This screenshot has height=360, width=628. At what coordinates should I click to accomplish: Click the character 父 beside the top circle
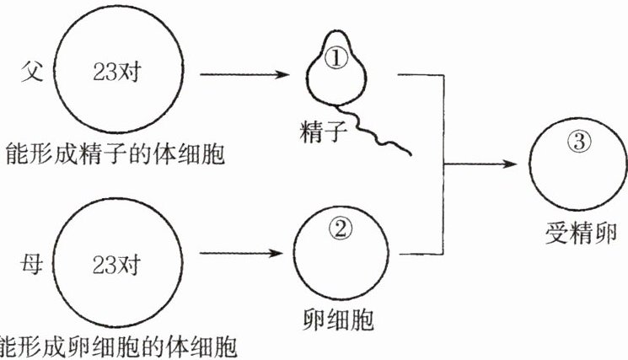[x=32, y=72]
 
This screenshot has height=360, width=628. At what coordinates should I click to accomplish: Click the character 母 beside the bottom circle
[x=32, y=264]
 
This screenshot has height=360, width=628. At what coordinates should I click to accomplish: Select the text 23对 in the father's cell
[x=117, y=72]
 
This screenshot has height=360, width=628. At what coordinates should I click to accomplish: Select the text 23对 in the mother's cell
[x=116, y=265]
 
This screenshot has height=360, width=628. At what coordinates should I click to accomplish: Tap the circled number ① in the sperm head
[x=336, y=59]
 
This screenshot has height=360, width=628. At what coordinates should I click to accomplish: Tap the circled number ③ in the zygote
[x=580, y=141]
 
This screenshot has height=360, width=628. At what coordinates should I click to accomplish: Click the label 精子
[x=323, y=132]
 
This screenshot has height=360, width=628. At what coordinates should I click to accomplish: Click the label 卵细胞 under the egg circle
[x=338, y=320]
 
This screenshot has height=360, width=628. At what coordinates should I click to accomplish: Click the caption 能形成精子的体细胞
[x=115, y=154]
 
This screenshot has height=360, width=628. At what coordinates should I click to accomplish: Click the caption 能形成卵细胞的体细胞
[x=118, y=347]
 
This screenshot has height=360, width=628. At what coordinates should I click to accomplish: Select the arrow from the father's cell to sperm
[x=244, y=74]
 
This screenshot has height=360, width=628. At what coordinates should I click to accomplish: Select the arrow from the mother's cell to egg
[x=242, y=253]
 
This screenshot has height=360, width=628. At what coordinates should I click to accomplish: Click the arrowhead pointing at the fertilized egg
[x=510, y=164]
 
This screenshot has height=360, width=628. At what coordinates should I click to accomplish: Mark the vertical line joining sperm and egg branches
[x=443, y=164]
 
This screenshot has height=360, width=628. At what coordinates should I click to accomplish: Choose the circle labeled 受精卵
[x=531, y=164]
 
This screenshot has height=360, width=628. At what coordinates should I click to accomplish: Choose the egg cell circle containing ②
[x=294, y=253]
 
